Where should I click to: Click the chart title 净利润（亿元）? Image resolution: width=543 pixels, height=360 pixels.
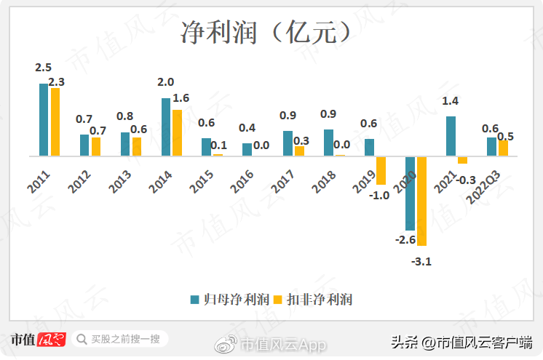266,32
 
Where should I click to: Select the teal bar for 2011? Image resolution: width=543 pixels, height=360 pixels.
44,120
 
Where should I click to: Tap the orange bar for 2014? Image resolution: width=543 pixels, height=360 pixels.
178,133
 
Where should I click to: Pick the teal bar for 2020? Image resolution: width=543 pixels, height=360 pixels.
410,193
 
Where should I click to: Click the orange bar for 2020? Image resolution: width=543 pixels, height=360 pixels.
421,201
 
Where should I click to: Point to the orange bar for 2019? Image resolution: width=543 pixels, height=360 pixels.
381,171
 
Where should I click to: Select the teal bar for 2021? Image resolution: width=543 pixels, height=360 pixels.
451,136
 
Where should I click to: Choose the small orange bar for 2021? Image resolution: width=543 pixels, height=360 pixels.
462,160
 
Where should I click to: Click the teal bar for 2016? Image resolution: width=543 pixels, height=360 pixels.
247,150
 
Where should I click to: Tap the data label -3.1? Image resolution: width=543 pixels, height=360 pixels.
421,261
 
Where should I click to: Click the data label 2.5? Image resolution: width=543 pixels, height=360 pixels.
43,67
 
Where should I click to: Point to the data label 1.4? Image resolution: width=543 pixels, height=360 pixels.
450,101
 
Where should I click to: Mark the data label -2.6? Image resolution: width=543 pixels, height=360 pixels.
405,239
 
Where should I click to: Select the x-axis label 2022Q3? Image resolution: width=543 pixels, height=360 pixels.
483,187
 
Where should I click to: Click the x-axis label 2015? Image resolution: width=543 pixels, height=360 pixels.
201,181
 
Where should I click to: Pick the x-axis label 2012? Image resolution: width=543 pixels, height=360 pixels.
79,182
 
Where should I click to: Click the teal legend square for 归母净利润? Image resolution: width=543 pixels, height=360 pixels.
194,300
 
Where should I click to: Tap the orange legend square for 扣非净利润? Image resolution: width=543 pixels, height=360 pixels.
278,300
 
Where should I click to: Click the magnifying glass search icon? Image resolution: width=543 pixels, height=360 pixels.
82,339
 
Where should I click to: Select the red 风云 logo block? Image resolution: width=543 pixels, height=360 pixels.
51,339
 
